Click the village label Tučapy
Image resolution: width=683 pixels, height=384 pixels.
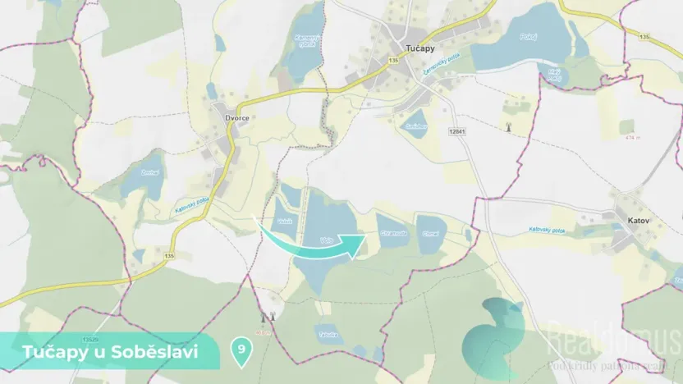[x=421, y=48]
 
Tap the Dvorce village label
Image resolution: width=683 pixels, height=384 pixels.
[x=237, y=118]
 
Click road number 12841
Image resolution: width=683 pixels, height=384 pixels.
[x=457, y=130]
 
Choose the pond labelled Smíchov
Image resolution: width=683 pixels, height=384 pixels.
[x=415, y=126]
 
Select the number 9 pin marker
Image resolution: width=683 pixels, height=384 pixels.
[x=241, y=349]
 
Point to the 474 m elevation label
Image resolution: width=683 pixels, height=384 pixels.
[x=631, y=137]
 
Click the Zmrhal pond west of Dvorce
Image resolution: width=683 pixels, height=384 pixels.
[x=149, y=172]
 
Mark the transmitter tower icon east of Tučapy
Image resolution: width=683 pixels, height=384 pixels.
[x=509, y=127]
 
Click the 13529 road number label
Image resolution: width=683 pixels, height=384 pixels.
[x=92, y=338]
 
